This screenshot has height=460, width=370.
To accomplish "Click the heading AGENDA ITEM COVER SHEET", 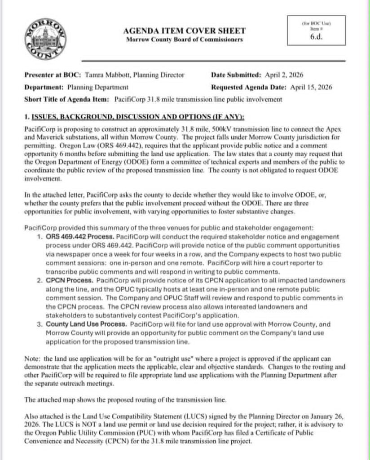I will pos(185,31).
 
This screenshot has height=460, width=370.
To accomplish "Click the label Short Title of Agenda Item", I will pos(66,99).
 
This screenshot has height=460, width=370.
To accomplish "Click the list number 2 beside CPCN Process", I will pos(39,280).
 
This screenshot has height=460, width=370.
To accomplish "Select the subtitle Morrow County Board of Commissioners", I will pos(185,40).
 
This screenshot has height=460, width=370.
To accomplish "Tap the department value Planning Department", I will pos(98,87).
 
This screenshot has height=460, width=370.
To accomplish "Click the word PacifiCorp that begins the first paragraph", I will pos(38,128).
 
